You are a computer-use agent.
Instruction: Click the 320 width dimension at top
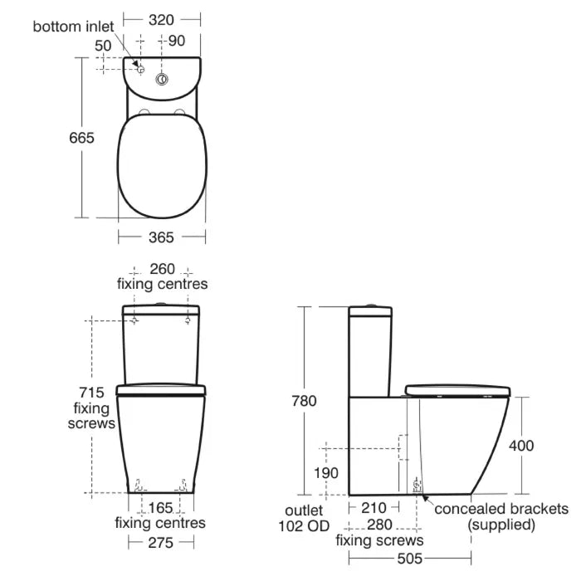tap(161, 20)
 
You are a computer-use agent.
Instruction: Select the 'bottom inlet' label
tap(73, 27)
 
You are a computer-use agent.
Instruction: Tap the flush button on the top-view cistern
tap(162, 79)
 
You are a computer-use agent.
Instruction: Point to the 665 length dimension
tap(81, 138)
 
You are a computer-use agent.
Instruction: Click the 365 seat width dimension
tap(161, 237)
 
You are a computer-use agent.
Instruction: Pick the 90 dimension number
tap(176, 41)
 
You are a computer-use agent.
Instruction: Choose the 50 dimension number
tap(103, 46)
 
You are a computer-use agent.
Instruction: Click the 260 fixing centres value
tap(162, 269)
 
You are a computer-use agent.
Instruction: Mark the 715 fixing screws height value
tap(91, 393)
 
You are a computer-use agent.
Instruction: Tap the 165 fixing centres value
tap(160, 508)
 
